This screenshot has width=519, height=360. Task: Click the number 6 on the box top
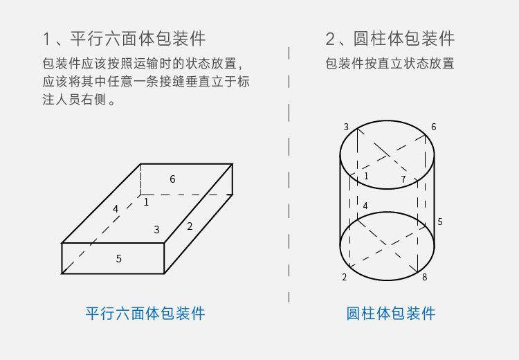172,179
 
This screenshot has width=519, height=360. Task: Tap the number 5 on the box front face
119,259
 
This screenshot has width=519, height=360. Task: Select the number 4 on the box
116,208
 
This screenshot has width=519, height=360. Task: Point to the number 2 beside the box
190,226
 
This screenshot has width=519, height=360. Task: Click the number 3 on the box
157,230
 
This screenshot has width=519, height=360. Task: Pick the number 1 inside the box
146,202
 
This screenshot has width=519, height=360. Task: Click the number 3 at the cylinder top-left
346,127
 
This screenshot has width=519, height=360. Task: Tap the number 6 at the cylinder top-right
434,127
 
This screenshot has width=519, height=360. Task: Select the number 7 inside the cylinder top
403,180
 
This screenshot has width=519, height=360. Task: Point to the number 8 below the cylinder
424,278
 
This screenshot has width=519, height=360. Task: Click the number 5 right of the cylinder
440,222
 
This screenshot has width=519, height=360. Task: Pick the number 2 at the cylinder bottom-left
344,278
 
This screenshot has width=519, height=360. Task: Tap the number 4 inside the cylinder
365,206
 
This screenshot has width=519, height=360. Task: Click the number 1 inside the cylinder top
366,177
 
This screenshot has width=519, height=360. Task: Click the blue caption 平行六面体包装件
145,313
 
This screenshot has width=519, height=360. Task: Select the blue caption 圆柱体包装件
391,313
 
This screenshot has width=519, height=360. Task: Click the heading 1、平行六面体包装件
124,38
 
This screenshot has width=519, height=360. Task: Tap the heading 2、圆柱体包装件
390,38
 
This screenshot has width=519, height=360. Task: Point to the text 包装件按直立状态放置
390,64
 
